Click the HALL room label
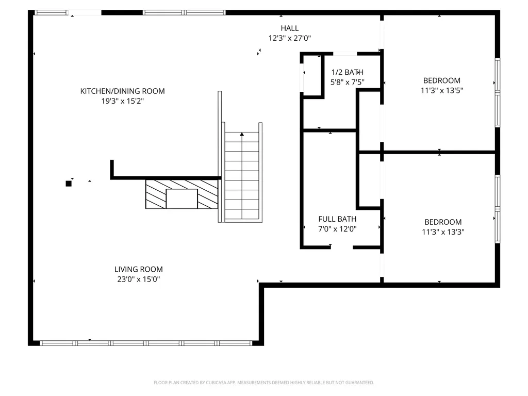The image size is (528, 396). coord(290,28)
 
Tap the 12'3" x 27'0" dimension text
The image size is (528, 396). coord(290,38)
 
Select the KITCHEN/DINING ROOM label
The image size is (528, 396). coord(123,91)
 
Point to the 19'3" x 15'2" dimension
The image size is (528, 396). coord(123,101)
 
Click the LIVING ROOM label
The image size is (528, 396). coord(138,269)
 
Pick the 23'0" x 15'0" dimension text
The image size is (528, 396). coord(138,279)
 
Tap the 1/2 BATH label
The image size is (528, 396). coord(347,72)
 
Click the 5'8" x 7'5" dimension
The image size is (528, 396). coord(347,82)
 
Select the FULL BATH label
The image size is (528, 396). coord(337,219)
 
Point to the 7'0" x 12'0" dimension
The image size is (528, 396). coord(337,229)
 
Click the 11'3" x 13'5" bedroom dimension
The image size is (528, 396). coord(442,90)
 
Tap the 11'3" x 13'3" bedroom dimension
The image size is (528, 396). coord(443,232)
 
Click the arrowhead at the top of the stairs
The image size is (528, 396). coord(242,135)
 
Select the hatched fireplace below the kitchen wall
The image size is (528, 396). coord(182,194)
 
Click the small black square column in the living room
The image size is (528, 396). coord(69,184)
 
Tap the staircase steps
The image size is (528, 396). coord(242,175)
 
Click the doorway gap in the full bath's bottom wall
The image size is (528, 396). coord(342,247)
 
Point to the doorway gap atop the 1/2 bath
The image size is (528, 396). coord(345,54)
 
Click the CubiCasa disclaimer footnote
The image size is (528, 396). coord(263,383)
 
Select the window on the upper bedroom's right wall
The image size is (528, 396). coord(498,93)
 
